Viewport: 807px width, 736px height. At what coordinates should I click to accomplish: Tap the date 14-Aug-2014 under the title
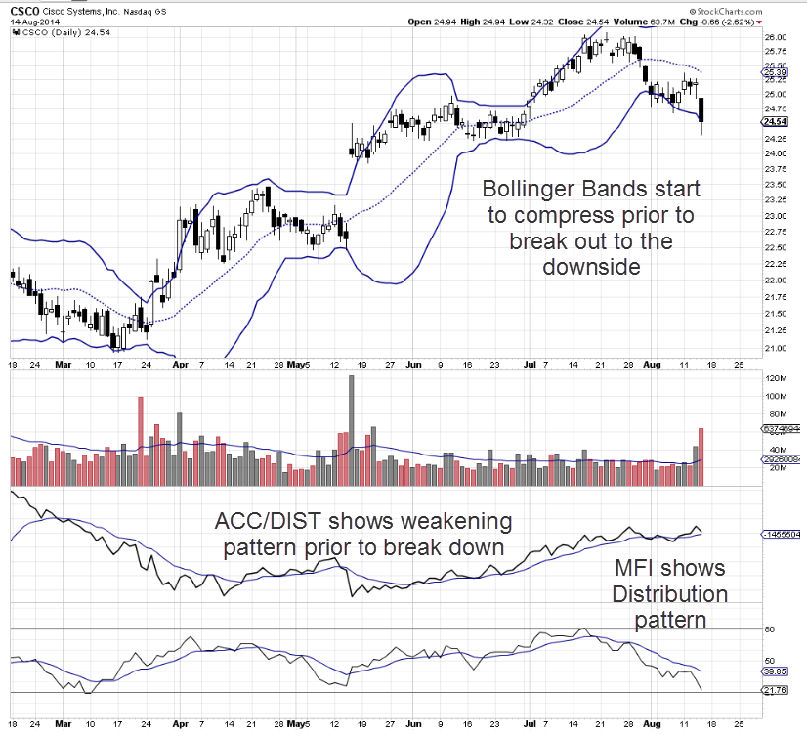click(32, 22)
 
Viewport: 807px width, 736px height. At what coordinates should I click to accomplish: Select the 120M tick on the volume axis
click(776, 378)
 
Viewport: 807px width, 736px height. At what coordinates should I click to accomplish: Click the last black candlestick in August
click(703, 109)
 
